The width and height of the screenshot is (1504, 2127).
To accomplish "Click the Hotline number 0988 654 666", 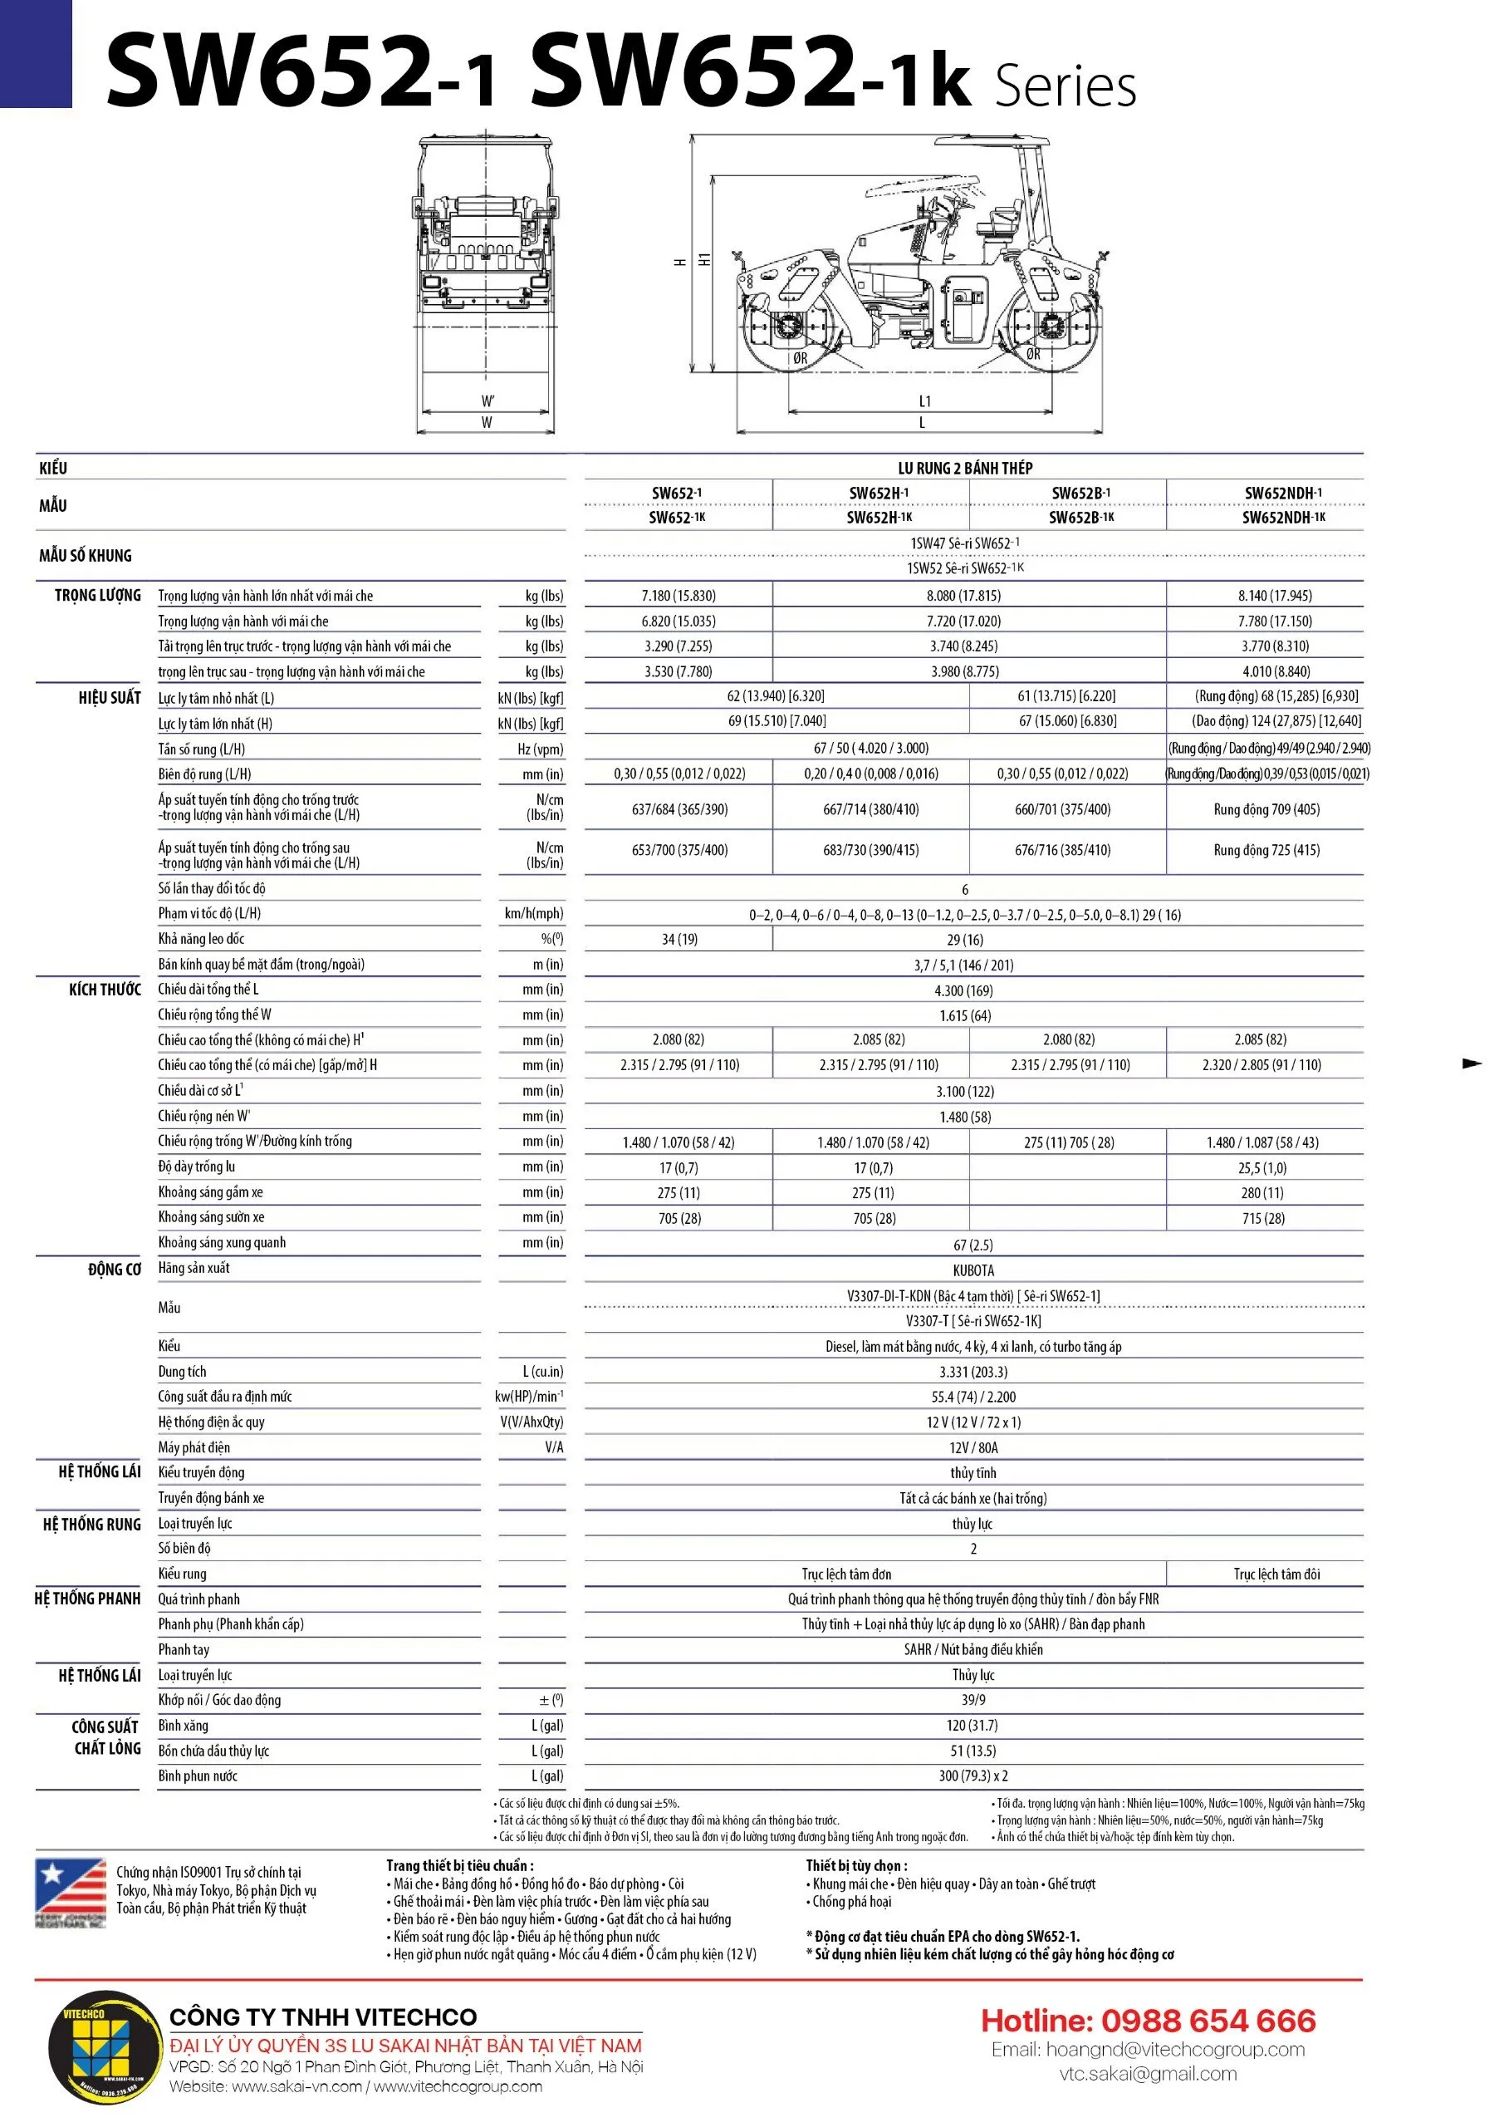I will [1148, 2021].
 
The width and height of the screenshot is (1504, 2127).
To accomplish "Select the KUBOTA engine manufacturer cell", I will [972, 1270].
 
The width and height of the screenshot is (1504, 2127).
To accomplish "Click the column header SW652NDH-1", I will [1282, 493].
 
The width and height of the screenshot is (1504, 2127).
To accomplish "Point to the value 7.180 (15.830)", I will [678, 596].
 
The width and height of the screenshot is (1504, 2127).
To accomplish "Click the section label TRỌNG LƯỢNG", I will [97, 596].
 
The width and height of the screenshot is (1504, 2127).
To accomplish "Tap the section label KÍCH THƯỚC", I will [105, 990].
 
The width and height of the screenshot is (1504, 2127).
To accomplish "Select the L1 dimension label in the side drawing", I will [924, 401].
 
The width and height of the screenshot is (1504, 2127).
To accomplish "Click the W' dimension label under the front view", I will [487, 401].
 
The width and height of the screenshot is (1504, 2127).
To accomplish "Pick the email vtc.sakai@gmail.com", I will [1148, 2073].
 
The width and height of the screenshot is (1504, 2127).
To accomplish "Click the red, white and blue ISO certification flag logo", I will [71, 1892].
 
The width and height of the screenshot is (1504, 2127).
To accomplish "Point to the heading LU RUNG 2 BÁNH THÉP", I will [965, 468].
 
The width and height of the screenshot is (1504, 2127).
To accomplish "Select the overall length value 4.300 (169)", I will [963, 990].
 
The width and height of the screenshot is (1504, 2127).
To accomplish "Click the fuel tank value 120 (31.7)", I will [972, 1725].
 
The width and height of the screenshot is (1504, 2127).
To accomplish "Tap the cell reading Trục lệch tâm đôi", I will [1276, 1574].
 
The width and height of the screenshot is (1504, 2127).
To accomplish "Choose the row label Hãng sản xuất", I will [194, 1267].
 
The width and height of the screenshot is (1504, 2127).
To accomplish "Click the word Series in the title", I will [1065, 88].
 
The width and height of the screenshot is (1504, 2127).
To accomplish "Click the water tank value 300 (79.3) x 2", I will [972, 1776].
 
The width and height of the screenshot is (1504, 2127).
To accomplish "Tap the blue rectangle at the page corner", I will [35, 54].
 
